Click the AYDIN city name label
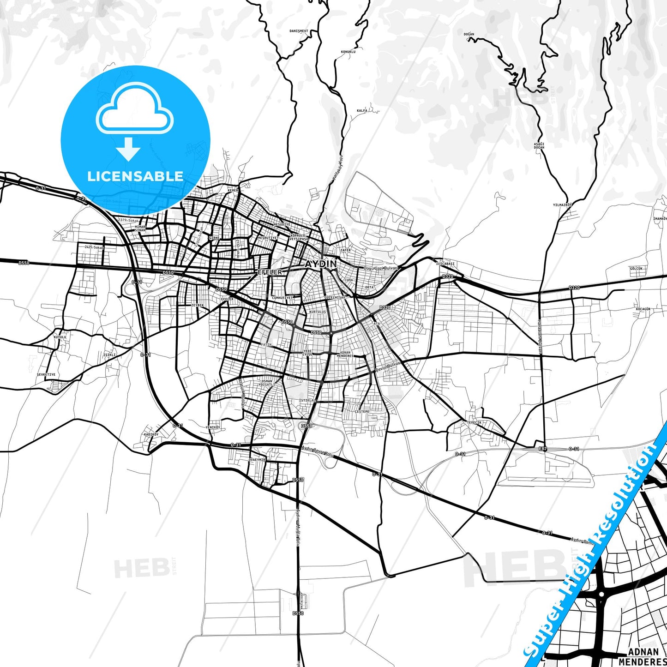click(x=321, y=264)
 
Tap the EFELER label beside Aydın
click(x=269, y=272)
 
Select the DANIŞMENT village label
click(x=299, y=31)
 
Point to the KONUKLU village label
click(x=348, y=52)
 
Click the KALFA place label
click(x=362, y=111)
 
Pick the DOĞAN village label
click(x=469, y=35)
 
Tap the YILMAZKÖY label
click(x=562, y=204)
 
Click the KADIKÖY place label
click(x=151, y=434)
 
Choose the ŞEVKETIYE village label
click(x=46, y=374)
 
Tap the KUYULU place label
click(x=60, y=337)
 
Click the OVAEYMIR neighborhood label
click(x=257, y=460)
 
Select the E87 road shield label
click(x=542, y=449)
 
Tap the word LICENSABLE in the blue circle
click(x=135, y=176)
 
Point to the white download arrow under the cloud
click(x=128, y=149)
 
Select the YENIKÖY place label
click(x=213, y=427)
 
